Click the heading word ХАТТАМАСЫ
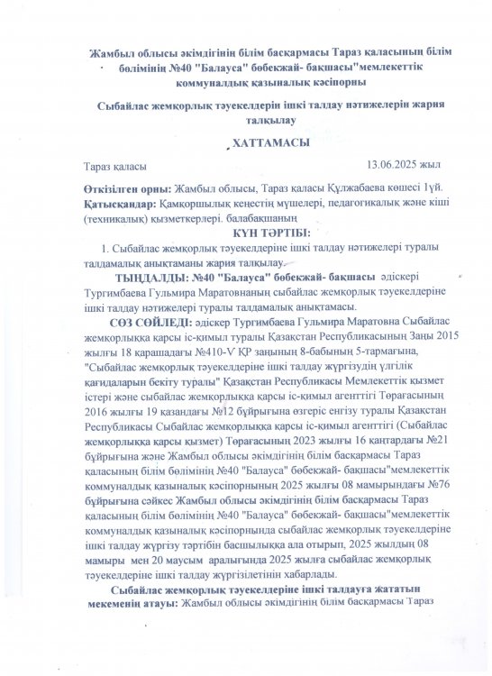[x=245, y=145]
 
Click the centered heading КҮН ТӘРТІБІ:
[x=245, y=233]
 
